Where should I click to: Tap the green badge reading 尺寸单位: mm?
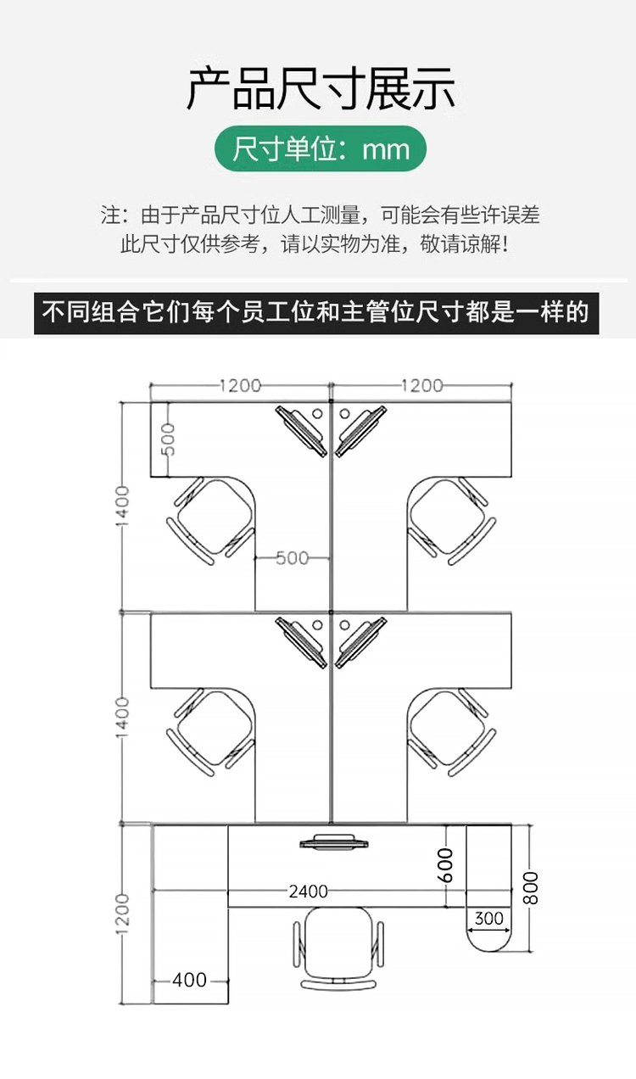tap(320, 149)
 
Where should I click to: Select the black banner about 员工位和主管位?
tap(316, 312)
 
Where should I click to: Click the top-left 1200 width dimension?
tap(240, 386)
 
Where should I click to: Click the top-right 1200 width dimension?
tap(421, 386)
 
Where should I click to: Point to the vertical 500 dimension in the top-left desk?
tap(169, 439)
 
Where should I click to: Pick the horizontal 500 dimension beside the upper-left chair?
tap(292, 558)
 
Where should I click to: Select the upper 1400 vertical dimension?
tap(123, 506)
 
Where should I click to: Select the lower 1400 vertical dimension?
tap(123, 717)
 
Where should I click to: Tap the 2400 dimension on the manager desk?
tap(308, 892)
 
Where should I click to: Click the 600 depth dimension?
tap(447, 865)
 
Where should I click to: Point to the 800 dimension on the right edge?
tap(531, 888)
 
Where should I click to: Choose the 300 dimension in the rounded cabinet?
tap(488, 918)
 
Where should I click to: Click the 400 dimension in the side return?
tap(189, 980)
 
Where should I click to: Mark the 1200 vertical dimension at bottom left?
tap(123, 914)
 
